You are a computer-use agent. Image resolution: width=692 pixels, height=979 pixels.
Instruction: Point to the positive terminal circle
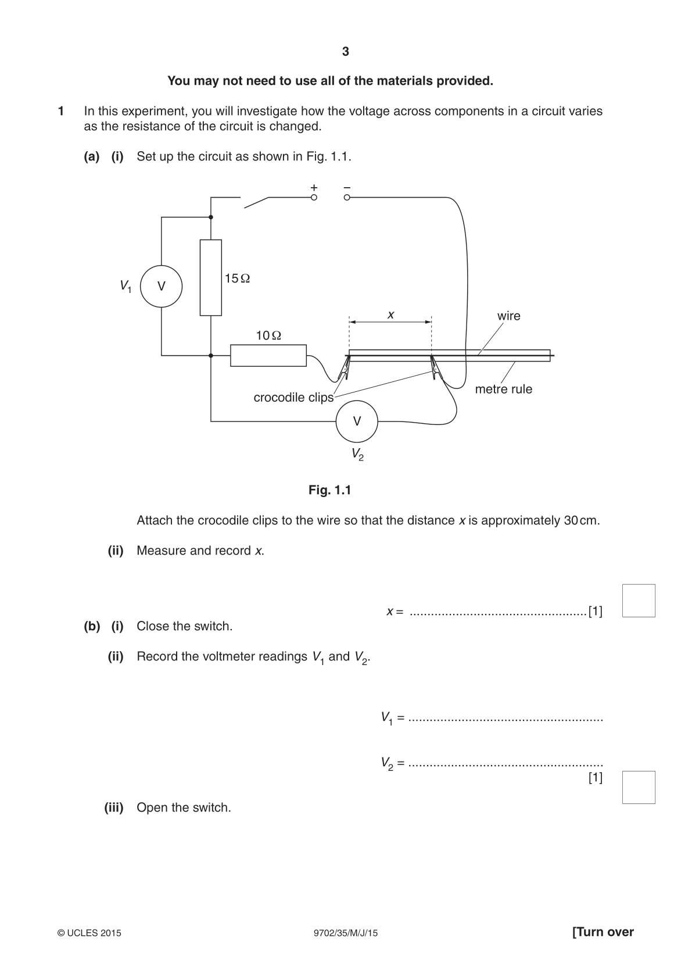click(x=314, y=198)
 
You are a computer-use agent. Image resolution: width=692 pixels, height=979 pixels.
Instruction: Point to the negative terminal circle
click(x=347, y=198)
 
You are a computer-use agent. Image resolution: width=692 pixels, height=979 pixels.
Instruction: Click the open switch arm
click(x=256, y=203)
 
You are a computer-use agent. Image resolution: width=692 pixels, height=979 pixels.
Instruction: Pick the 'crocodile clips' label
click(x=293, y=397)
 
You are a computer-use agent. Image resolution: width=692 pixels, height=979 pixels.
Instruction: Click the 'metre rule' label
click(x=504, y=389)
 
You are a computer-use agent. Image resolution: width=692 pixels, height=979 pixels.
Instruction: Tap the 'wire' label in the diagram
click(x=509, y=316)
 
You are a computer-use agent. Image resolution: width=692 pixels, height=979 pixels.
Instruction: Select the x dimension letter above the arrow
click(x=391, y=315)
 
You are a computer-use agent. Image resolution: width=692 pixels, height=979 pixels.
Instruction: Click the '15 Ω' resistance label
click(x=237, y=278)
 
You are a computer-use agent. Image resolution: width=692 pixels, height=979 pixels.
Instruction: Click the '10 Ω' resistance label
click(x=268, y=335)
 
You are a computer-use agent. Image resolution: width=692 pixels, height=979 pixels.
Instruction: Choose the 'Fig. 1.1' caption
click(x=330, y=490)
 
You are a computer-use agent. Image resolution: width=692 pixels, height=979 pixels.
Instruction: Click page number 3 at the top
click(x=346, y=52)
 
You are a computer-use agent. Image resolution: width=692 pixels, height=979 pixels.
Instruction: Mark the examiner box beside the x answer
click(x=639, y=601)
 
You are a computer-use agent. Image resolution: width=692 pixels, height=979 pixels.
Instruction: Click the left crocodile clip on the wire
click(x=344, y=367)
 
